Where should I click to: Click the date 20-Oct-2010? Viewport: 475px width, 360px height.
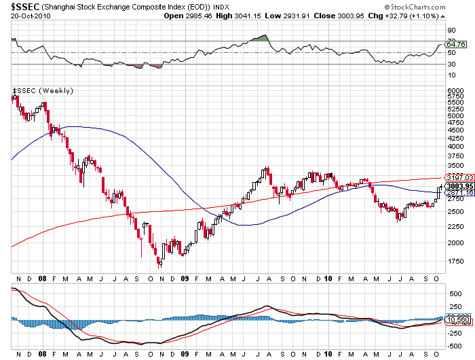pyautogui.click(x=24, y=16)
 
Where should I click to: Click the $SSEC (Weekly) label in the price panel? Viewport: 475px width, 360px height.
pyautogui.click(x=43, y=91)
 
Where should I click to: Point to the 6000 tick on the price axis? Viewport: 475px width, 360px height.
pyautogui.click(x=454, y=90)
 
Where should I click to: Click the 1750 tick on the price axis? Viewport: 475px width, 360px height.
pyautogui.click(x=454, y=262)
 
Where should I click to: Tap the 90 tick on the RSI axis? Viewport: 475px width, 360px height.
pyautogui.click(x=451, y=30)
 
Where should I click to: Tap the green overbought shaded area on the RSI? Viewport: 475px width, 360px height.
pyautogui.click(x=261, y=38)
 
